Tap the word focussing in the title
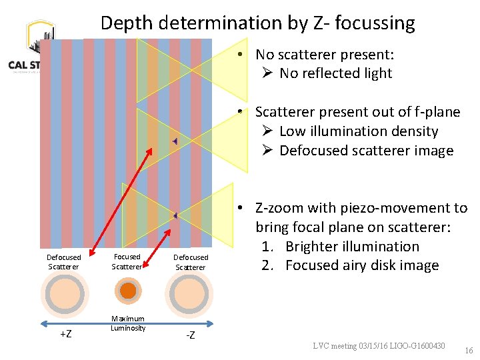point(375,23)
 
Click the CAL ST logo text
point(23,65)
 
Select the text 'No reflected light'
point(335,73)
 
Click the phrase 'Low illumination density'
point(359,131)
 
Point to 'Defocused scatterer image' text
point(366,151)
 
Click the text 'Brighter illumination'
point(352,246)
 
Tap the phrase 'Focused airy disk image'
point(362,265)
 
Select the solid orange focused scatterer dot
point(128,291)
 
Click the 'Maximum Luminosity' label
point(128,323)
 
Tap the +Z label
point(66,334)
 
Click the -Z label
point(190,335)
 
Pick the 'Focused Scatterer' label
point(127,261)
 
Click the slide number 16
point(469,350)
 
